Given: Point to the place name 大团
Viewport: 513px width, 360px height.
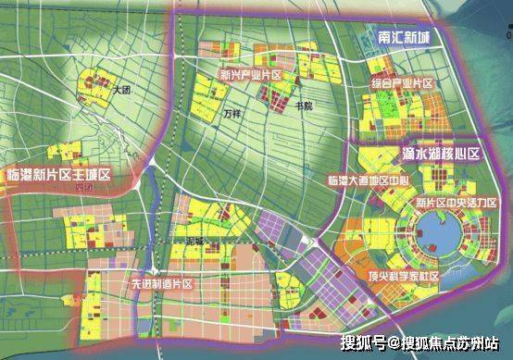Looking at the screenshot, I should point(122,91).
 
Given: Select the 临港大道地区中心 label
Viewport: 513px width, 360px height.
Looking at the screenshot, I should point(367,179).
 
